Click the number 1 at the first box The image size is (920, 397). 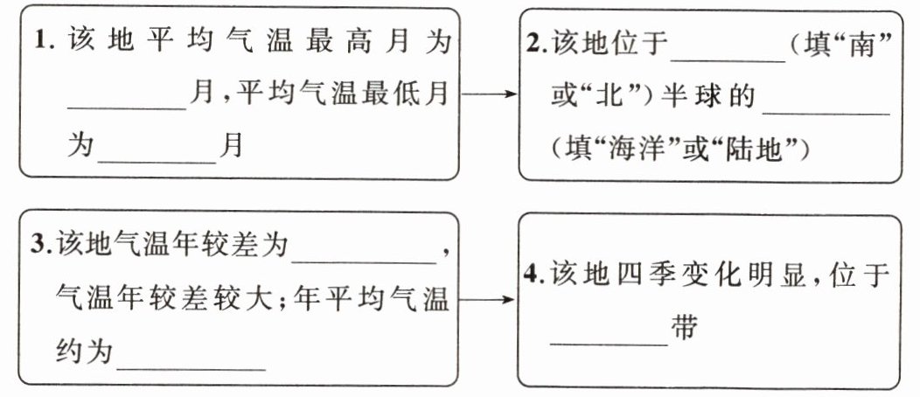(x=39, y=41)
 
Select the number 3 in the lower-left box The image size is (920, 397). (x=39, y=246)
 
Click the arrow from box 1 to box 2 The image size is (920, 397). (x=489, y=93)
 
